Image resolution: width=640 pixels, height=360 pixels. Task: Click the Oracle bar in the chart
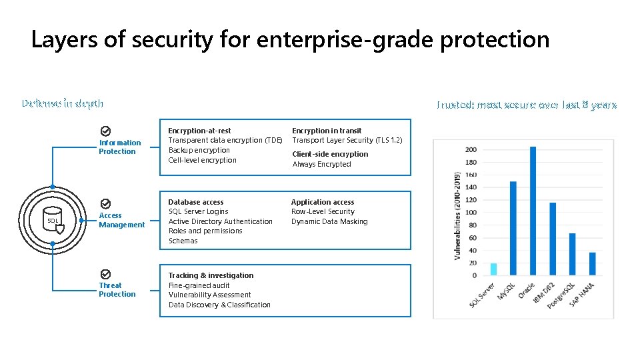coord(533,211)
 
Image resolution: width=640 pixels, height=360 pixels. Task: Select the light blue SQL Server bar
coord(493,269)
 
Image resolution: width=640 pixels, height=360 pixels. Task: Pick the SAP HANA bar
coord(592,263)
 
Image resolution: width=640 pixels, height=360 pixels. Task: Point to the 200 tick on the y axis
coord(471,149)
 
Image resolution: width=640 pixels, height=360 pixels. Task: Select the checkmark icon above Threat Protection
coord(105,274)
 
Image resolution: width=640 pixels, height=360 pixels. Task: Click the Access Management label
coord(121,220)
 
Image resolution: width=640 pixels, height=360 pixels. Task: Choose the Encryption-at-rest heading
coord(199,131)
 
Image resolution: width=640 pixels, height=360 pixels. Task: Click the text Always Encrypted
coord(321,164)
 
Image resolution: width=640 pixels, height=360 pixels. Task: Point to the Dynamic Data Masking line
coord(329,221)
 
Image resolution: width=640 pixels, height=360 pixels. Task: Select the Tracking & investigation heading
coord(211,275)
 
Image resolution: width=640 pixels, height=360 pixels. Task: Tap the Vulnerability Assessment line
coord(209,295)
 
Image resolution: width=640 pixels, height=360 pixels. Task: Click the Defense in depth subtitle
coord(62,103)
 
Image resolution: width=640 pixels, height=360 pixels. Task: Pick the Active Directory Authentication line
coord(220,221)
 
